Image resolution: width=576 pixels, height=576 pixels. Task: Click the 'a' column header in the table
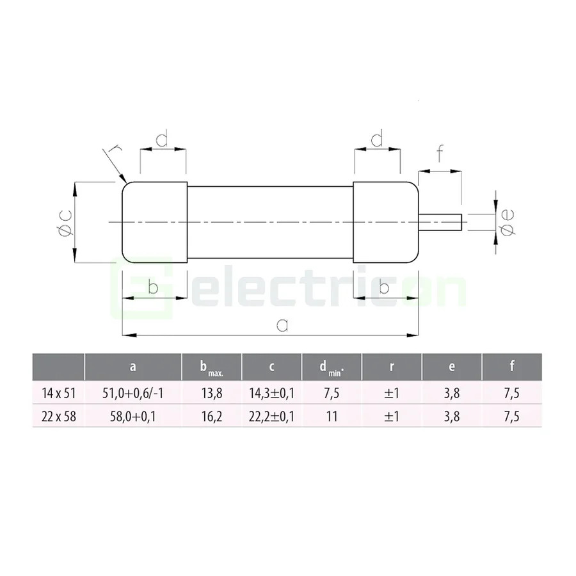[x=133, y=367]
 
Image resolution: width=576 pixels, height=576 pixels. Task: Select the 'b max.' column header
[x=212, y=368]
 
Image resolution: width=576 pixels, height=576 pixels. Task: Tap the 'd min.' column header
[x=332, y=368]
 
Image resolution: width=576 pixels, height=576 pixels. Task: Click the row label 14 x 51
[x=59, y=394]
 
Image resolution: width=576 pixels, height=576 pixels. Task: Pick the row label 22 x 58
[x=59, y=417]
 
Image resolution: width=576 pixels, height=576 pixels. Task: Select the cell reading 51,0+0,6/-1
[x=133, y=394]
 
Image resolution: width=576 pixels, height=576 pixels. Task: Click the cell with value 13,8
[x=212, y=394]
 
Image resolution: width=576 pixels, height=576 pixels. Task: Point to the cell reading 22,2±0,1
[x=271, y=417]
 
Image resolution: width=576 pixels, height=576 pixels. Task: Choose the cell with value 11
[x=332, y=417]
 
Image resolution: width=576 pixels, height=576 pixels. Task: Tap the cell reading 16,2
[x=212, y=417]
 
